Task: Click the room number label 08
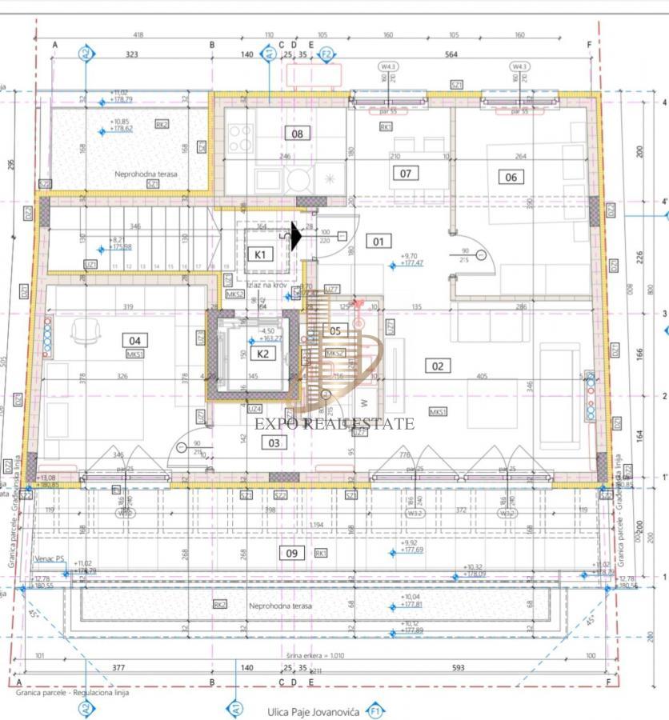(x=297, y=134)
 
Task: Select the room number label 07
(x=406, y=173)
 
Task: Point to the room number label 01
(x=378, y=241)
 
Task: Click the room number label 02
(x=438, y=366)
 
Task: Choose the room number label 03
(x=274, y=442)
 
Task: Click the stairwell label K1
(x=259, y=254)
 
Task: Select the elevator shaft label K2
(x=262, y=352)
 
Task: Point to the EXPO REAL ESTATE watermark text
(x=334, y=424)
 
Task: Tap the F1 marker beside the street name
(x=374, y=710)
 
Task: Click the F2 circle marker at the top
(x=326, y=55)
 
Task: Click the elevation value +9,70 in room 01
(x=409, y=257)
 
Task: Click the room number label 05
(x=334, y=330)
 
